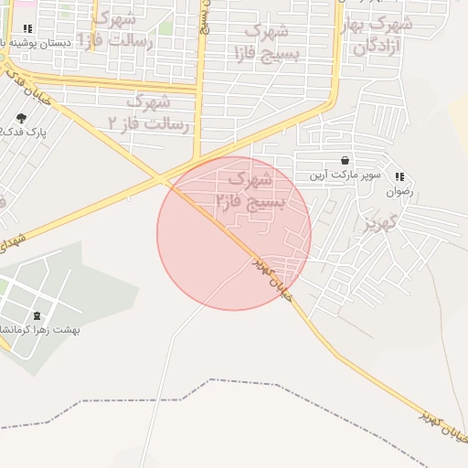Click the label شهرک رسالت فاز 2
click(x=146, y=111)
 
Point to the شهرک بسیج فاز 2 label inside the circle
click(x=253, y=189)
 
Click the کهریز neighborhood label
click(x=377, y=222)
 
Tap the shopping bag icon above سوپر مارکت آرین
click(x=345, y=160)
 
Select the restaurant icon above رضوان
click(x=399, y=176)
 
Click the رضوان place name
click(x=399, y=192)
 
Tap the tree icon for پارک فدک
click(x=21, y=118)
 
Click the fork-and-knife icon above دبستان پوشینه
click(x=27, y=29)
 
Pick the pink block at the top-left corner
click(x=7, y=7)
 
